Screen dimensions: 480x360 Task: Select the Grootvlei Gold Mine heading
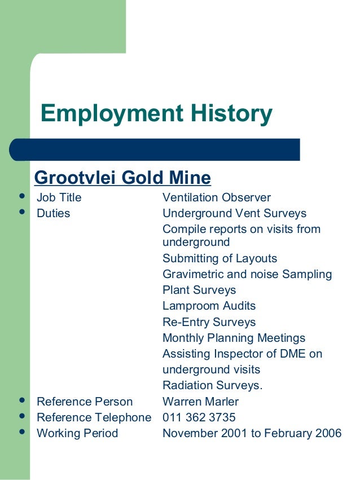(x=122, y=178)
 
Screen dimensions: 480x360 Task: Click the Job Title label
(x=59, y=197)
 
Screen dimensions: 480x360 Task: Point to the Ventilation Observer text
(x=217, y=197)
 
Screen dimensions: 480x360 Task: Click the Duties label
(x=53, y=213)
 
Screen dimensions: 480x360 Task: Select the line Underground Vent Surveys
(x=234, y=213)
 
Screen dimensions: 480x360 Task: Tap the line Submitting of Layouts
(x=220, y=258)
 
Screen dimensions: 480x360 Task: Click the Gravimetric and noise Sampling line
(x=247, y=274)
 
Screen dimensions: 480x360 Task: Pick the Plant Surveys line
(x=199, y=290)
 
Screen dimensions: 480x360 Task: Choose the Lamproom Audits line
(x=209, y=306)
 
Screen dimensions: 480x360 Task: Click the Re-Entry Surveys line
(x=209, y=322)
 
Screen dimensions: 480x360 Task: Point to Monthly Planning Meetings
(x=234, y=338)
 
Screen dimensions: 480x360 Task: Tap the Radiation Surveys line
(x=213, y=386)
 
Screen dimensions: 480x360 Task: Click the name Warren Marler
(x=200, y=402)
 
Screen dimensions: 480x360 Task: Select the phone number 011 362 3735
(x=199, y=417)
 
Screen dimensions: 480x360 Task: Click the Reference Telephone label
(x=94, y=417)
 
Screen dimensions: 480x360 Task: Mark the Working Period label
(x=77, y=433)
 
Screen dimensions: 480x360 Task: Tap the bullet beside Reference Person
(x=22, y=401)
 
